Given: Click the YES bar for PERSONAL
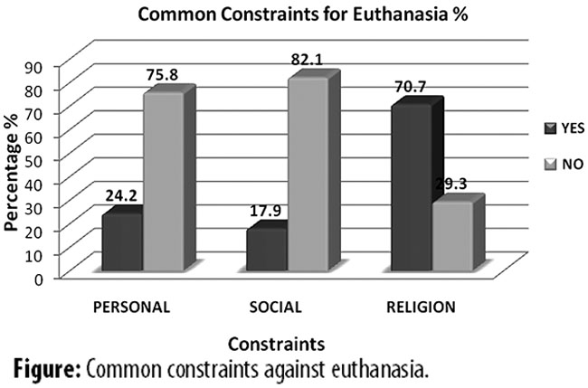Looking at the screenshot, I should click(122, 244).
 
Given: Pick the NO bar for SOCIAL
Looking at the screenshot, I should click(308, 176).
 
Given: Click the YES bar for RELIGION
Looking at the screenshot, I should click(412, 190).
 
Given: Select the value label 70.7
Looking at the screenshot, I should click(413, 90).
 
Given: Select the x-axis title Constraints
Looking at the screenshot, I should click(273, 345).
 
